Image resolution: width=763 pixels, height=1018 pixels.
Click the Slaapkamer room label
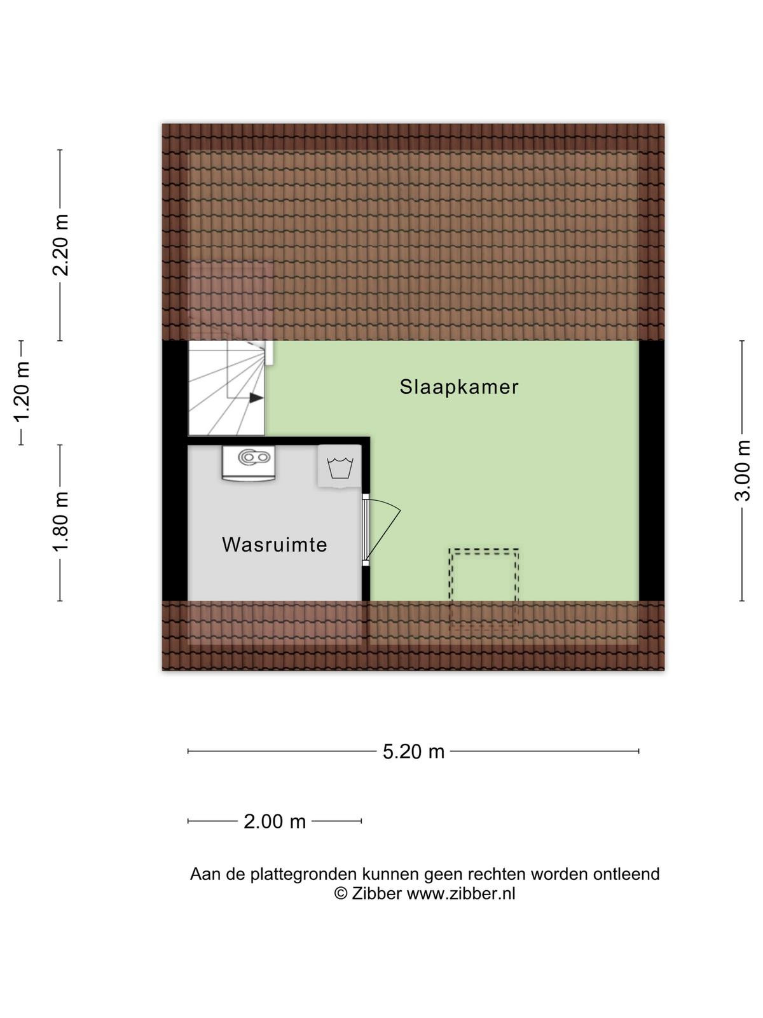coord(458,387)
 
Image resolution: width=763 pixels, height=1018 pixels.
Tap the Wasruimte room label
coord(274,545)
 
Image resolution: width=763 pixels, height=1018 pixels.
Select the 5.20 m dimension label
coord(413,751)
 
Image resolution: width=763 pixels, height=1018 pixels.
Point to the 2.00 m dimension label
coord(275,821)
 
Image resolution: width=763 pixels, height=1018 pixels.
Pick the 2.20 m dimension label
coord(60,245)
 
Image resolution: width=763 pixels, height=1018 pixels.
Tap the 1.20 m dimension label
coord(22,392)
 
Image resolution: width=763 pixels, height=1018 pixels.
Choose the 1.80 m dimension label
coord(60,522)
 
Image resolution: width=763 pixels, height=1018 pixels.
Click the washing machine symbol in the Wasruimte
coord(340,466)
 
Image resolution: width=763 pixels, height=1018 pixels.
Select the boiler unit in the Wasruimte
coord(249,463)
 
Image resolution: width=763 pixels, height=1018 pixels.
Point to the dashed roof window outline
coord(483,589)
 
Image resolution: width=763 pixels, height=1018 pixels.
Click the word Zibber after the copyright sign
coord(376,893)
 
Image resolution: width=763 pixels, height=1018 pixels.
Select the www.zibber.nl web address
coord(460,893)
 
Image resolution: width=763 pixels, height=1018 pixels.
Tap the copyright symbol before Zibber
coord(341,894)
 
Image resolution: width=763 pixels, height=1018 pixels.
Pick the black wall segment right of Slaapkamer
coord(651,471)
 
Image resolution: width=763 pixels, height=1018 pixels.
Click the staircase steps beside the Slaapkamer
coord(226,388)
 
